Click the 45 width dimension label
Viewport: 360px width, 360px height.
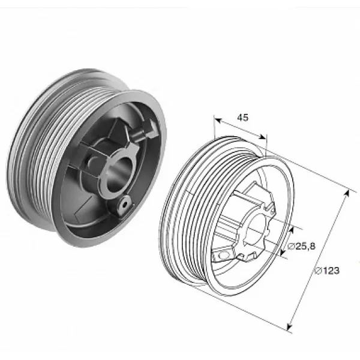[x=242, y=118]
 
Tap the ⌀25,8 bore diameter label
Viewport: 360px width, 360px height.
[x=301, y=246]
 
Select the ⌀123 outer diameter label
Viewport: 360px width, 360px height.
[x=327, y=271]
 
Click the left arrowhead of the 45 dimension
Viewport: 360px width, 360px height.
[x=217, y=120]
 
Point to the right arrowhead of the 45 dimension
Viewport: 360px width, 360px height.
[x=262, y=137]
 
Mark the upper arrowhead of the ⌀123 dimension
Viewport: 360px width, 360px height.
[x=347, y=194]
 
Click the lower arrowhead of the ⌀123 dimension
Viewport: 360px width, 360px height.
[x=289, y=326]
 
